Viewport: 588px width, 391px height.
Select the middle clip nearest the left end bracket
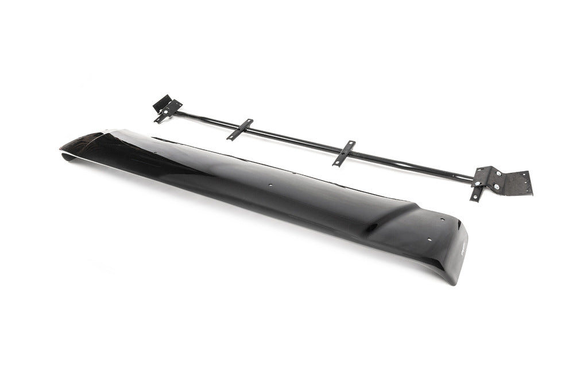240,129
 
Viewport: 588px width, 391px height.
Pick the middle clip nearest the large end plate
343,153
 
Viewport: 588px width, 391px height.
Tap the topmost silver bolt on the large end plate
497,172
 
